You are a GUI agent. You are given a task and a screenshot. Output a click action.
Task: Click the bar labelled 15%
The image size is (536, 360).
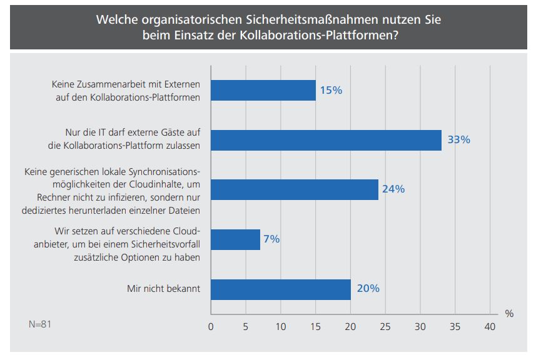point(263,90)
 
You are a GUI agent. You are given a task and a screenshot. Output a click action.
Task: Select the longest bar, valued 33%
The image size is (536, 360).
point(326,140)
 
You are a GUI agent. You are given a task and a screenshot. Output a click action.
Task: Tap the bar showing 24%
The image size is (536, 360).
point(294,189)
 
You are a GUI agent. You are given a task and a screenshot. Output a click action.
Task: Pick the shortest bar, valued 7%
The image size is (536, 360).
point(235,239)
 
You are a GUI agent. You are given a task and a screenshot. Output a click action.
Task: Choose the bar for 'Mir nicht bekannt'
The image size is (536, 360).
point(280,289)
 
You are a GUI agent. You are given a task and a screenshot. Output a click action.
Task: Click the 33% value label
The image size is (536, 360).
point(458,140)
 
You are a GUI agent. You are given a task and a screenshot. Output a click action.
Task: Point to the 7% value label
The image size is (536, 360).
point(271,239)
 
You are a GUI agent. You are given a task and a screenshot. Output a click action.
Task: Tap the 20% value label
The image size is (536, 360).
point(368,289)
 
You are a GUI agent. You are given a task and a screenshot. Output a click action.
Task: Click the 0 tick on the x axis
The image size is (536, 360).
point(211,326)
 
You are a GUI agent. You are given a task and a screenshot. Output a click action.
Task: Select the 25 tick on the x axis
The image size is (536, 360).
point(385,326)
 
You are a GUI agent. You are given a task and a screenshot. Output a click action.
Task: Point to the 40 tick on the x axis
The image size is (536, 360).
point(490,326)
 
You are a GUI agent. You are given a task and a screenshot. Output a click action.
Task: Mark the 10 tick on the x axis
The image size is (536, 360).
point(280,326)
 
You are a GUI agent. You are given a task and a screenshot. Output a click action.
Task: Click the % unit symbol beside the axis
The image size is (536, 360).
point(509,314)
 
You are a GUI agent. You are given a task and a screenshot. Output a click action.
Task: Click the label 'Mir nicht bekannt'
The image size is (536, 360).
point(164,289)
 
